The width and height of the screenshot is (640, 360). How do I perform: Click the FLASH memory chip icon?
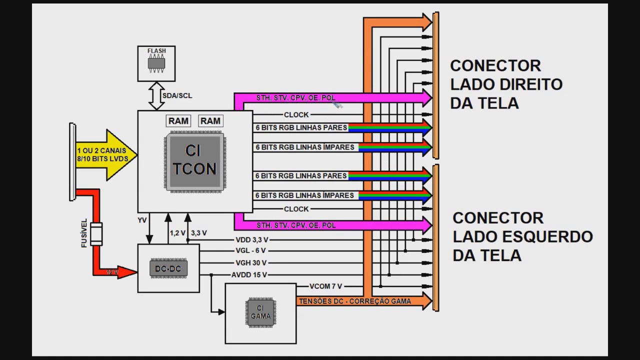[x=156, y=64]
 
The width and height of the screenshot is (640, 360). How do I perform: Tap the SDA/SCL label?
[x=177, y=95]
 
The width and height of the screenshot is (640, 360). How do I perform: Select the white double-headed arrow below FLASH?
[x=156, y=96]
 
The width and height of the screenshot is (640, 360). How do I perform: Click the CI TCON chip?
[x=194, y=161]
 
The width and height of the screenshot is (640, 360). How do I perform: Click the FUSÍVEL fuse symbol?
[x=96, y=234]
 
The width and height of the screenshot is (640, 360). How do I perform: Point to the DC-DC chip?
[x=168, y=269]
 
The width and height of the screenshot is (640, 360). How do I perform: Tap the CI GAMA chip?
[x=260, y=312]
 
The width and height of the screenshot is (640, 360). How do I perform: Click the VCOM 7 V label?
[x=325, y=286]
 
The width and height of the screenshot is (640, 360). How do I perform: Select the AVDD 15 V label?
[x=249, y=275]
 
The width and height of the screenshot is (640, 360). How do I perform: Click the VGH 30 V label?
[x=251, y=263]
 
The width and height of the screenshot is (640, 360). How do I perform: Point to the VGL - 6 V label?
[x=250, y=251]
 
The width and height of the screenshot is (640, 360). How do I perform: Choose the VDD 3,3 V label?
[x=251, y=240]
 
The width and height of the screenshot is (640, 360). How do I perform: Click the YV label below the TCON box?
[x=142, y=220]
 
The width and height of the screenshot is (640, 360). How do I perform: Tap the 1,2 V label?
[x=177, y=233]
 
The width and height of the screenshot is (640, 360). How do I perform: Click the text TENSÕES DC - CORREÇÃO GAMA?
[x=354, y=301]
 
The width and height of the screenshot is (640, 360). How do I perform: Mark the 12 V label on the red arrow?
[x=112, y=272]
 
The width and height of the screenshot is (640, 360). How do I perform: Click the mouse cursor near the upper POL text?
[x=337, y=104]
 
